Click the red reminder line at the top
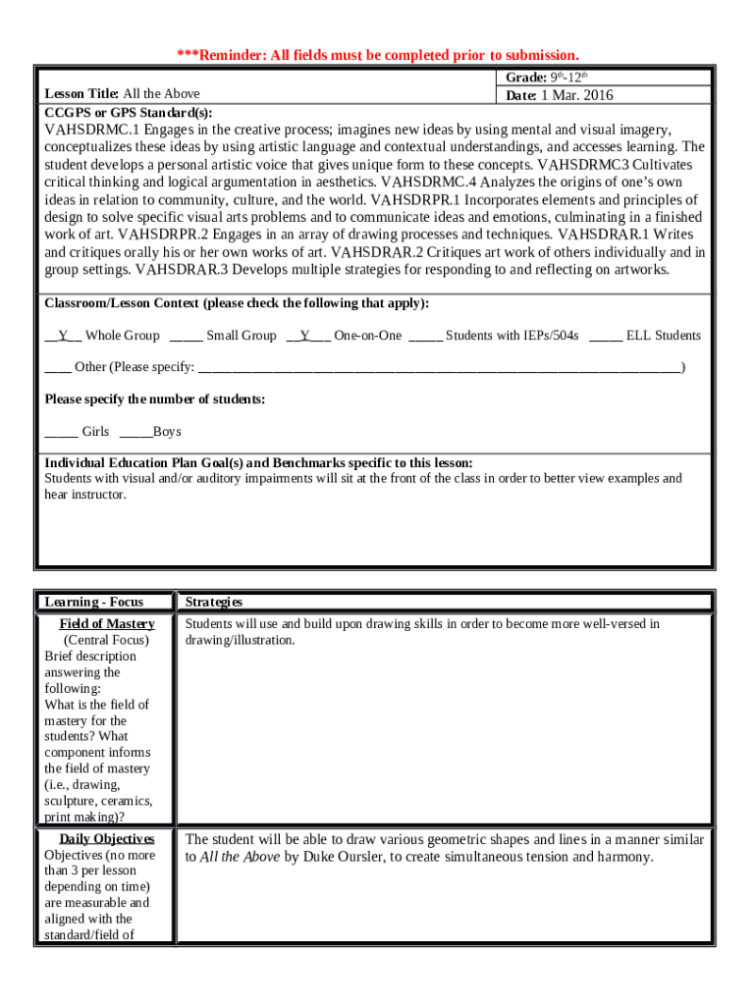tap(377, 54)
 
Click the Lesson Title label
tap(81, 94)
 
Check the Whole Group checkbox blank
tap(63, 336)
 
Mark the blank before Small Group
tap(186, 336)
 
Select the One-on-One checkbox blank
tap(307, 336)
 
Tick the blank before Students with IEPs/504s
tap(425, 336)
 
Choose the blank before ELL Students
tap(605, 336)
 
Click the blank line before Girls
tap(61, 432)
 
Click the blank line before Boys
tap(135, 432)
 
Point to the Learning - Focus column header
tap(93, 602)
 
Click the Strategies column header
tap(214, 602)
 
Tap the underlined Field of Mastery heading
tap(107, 624)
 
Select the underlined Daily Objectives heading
tap(106, 839)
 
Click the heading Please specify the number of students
tap(155, 399)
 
